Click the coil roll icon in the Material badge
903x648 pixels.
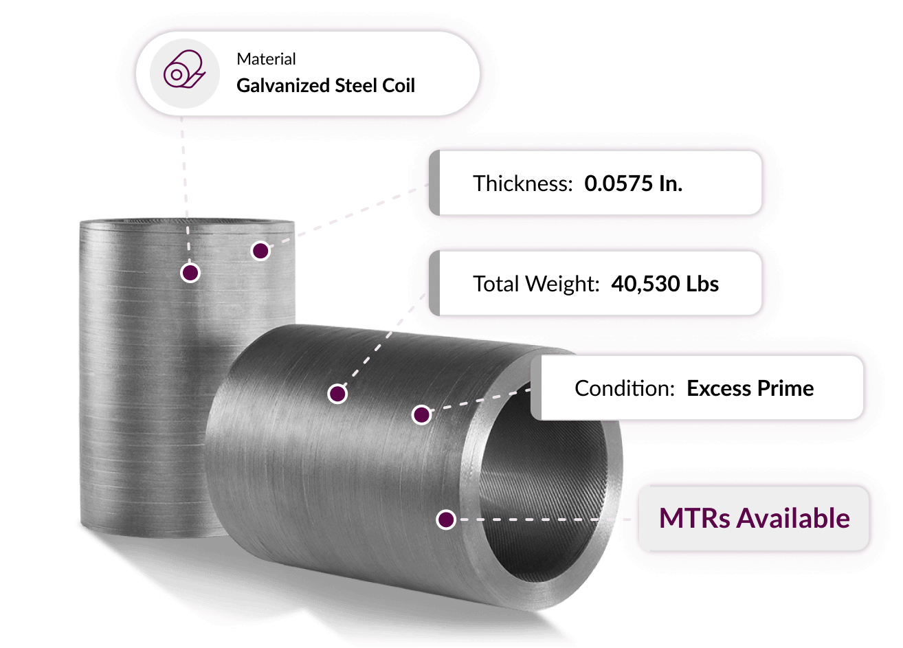(185, 69)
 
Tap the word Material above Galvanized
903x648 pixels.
(266, 59)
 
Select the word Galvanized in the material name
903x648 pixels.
(283, 86)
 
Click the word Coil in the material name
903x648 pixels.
(399, 85)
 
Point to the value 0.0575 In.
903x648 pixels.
(634, 183)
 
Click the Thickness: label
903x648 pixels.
(523, 183)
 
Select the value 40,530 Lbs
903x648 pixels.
(665, 283)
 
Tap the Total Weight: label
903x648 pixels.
(537, 283)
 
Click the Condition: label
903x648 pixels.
(625, 388)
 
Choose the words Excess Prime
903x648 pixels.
(750, 388)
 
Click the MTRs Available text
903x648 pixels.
(755, 518)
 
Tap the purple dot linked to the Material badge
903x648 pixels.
(190, 273)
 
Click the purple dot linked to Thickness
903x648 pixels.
(260, 251)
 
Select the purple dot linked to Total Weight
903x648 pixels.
(338, 394)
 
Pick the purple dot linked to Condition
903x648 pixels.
(422, 414)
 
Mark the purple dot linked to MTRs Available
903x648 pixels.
(446, 519)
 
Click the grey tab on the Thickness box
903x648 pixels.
(434, 183)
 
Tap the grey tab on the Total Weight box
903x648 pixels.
(434, 283)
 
